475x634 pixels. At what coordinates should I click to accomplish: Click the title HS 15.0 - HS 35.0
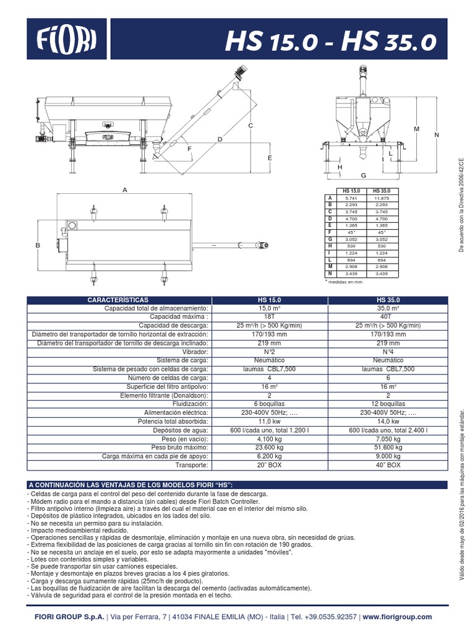(x=331, y=41)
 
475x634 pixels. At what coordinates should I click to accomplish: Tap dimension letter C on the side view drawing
(x=251, y=126)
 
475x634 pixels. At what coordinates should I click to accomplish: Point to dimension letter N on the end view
(x=437, y=135)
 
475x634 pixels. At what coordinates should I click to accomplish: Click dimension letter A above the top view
(x=124, y=189)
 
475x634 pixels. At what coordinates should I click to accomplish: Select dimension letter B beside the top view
(x=38, y=245)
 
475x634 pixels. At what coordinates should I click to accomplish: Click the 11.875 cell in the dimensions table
(x=380, y=198)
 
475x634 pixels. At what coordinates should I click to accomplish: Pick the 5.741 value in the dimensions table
(x=351, y=198)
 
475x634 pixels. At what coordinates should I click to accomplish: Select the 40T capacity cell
(x=388, y=316)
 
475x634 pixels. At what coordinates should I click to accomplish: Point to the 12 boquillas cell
(x=388, y=403)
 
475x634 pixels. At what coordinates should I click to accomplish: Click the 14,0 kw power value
(x=388, y=420)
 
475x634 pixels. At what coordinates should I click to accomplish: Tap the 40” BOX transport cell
(x=388, y=464)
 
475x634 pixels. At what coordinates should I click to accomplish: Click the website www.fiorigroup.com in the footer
(x=397, y=617)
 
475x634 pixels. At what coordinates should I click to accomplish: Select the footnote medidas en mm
(x=345, y=282)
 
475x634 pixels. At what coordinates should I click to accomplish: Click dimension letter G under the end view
(x=364, y=176)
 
